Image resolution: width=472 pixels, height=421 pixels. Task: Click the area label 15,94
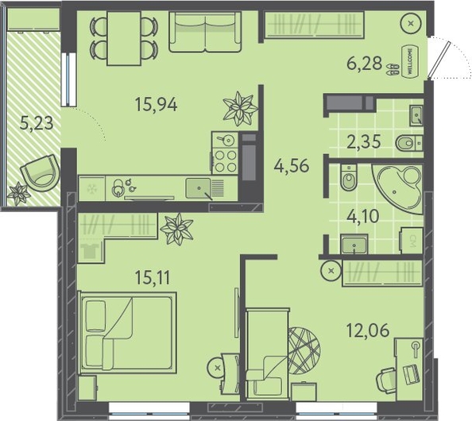point(157,104)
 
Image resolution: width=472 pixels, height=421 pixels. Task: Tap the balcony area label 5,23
point(37,123)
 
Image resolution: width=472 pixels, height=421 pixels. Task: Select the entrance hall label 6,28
point(364,64)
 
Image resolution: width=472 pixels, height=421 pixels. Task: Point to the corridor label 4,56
point(292,166)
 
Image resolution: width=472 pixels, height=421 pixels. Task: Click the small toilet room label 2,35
point(364,142)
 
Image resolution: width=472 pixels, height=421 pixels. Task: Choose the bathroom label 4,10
point(362,216)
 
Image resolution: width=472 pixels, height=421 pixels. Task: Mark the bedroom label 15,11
point(153,277)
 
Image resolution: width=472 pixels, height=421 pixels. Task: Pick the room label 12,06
point(368,330)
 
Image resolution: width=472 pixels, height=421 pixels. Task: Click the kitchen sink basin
point(198,188)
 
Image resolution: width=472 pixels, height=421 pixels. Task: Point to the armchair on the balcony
point(41,173)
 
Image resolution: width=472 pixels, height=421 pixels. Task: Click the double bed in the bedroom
point(127,333)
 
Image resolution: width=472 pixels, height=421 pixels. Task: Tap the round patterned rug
point(304,350)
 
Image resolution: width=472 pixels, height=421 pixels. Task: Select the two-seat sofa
point(205,33)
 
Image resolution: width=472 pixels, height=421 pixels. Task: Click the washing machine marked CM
point(411,241)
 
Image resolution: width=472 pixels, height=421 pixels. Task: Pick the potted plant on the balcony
point(18,194)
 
